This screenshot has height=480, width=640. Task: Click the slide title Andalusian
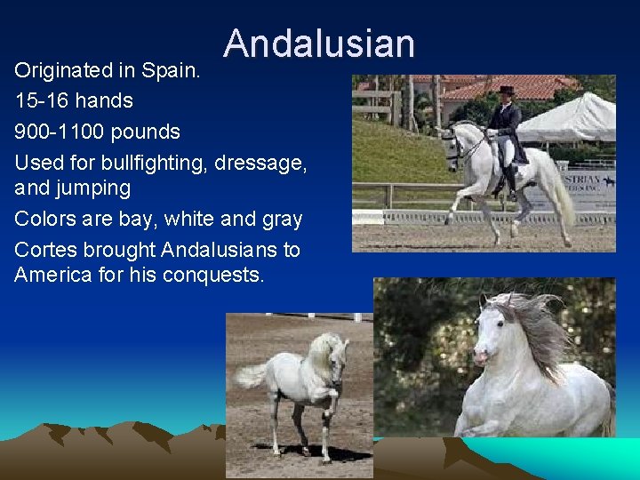tap(319, 43)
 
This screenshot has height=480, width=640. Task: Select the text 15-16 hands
tap(74, 100)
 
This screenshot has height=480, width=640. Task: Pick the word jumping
tap(93, 188)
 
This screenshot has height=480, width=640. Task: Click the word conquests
tap(217, 275)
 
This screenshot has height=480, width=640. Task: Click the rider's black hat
tap(507, 90)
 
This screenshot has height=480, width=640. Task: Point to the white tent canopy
tap(569, 120)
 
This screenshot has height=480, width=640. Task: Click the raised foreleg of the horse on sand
tap(330, 405)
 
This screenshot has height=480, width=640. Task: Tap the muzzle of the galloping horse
tap(482, 356)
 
